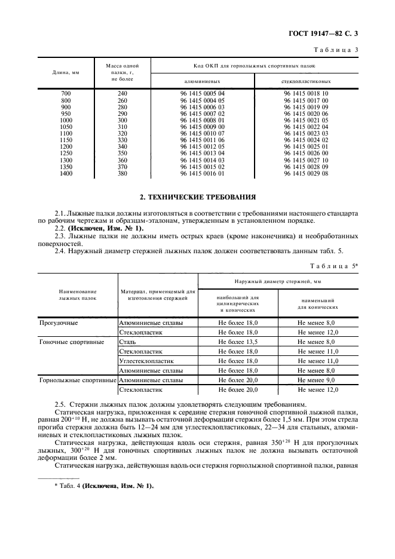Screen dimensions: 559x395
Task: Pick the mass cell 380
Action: (123, 173)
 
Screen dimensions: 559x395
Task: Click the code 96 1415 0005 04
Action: (202, 94)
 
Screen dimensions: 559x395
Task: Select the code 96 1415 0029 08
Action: (306, 173)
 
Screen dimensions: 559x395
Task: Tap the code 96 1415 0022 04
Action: (306, 127)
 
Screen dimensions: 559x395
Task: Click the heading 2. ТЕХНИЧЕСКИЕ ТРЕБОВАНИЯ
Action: (197, 196)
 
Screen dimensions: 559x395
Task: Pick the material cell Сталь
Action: (128, 342)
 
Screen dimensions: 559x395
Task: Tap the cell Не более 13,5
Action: (238, 342)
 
